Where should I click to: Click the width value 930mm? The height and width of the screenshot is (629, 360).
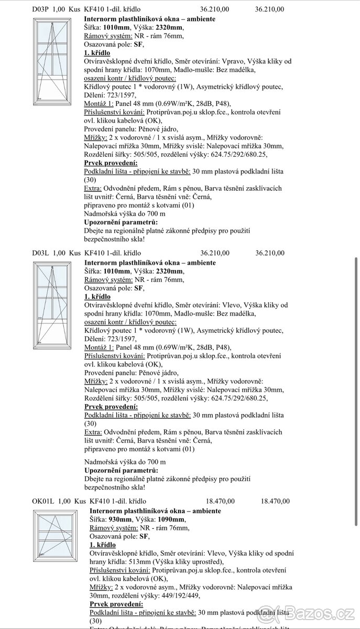pos(121,519)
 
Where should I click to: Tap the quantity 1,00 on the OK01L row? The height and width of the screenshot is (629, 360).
pos(65,501)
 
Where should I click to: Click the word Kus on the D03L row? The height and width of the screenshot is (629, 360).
pos(75,253)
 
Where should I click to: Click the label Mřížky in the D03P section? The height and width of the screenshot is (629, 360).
pos(95,137)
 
